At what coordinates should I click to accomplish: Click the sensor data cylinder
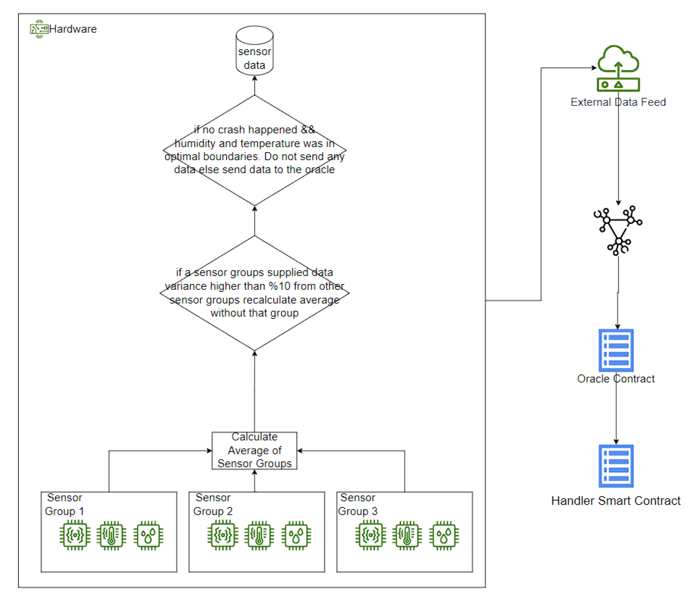pyautogui.click(x=255, y=51)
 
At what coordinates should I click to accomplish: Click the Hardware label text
pyautogui.click(x=73, y=29)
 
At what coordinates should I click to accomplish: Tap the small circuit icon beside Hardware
pyautogui.click(x=39, y=29)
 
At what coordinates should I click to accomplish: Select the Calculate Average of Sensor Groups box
pyautogui.click(x=255, y=451)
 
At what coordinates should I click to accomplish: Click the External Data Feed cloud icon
pyautogui.click(x=619, y=68)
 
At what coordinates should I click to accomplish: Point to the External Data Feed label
pyautogui.click(x=619, y=102)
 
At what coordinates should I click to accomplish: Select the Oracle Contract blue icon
pyautogui.click(x=616, y=350)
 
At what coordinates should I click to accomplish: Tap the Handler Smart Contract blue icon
pyautogui.click(x=616, y=466)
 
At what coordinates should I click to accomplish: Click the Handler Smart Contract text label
pyautogui.click(x=616, y=501)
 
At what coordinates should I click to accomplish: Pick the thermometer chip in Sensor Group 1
pyautogui.click(x=111, y=536)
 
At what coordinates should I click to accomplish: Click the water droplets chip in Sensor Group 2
pyautogui.click(x=296, y=536)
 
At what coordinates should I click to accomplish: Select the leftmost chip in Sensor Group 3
pyautogui.click(x=371, y=536)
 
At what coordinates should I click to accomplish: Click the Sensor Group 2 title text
pyautogui.click(x=213, y=504)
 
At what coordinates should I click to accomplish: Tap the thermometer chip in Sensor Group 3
pyautogui.click(x=407, y=536)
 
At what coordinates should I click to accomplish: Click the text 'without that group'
pyautogui.click(x=255, y=313)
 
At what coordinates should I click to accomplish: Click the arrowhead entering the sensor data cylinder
pyautogui.click(x=255, y=78)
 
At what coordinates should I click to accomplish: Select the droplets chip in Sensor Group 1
pyautogui.click(x=148, y=536)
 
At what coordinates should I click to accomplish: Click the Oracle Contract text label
pyautogui.click(x=616, y=379)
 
